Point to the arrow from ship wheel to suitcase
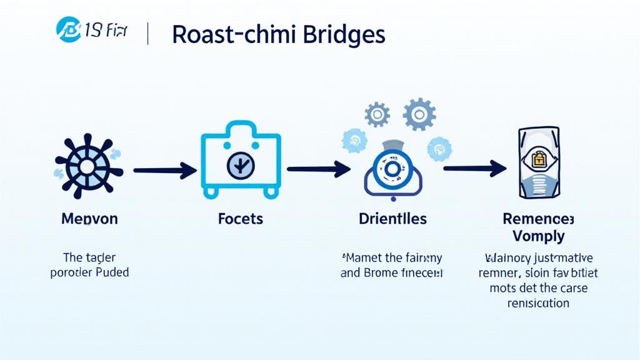tap(164, 169)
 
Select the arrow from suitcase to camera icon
tap(318, 168)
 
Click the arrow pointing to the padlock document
tap(474, 167)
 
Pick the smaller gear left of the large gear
tap(377, 115)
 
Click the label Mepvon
tap(89, 219)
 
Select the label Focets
tap(241, 219)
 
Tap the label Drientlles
tap(393, 219)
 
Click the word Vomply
tap(538, 236)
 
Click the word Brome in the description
tap(382, 273)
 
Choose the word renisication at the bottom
tap(538, 303)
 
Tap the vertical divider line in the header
tap(148, 34)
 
